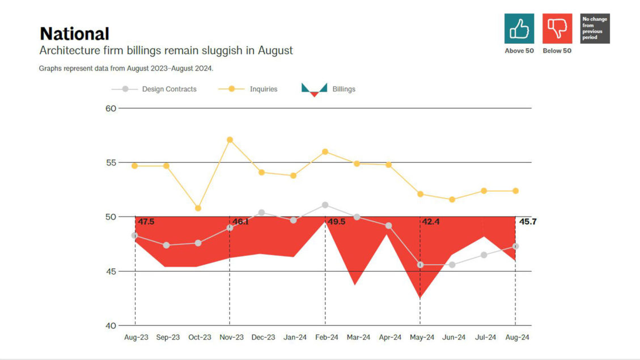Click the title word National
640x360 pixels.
(x=74, y=34)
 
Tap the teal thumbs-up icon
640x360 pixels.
(x=519, y=29)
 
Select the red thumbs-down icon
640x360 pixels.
(x=557, y=29)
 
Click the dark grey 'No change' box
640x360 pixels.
(x=595, y=29)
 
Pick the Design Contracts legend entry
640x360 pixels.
(x=154, y=89)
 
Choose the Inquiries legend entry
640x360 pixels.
(x=248, y=89)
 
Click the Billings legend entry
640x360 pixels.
(x=329, y=89)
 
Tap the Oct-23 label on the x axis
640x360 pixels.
(x=199, y=337)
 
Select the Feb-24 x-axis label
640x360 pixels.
(x=326, y=337)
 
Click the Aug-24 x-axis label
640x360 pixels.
(x=516, y=337)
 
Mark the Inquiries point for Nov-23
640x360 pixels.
(x=230, y=139)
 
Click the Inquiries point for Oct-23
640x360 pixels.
(x=198, y=208)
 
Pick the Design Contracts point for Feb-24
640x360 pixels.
(x=325, y=205)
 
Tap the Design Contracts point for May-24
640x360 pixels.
(x=420, y=265)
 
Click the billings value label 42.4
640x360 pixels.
(x=431, y=222)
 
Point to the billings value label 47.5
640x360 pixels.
(x=146, y=222)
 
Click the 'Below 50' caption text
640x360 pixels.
(x=557, y=51)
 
